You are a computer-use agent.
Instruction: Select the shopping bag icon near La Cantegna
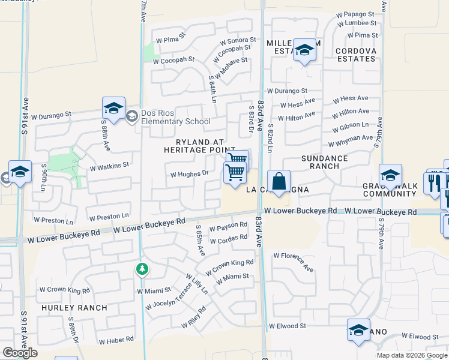click(x=280, y=181)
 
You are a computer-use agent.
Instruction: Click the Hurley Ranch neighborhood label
click(x=74, y=308)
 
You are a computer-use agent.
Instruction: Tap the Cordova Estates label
click(x=356, y=55)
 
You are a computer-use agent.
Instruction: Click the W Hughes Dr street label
click(x=189, y=175)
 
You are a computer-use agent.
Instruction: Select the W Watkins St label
click(x=109, y=165)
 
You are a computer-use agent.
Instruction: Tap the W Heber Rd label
click(x=116, y=340)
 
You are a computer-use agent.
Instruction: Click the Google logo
click(x=20, y=352)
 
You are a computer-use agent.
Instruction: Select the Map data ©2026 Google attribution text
click(x=411, y=355)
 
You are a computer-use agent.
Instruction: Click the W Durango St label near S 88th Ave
click(x=52, y=113)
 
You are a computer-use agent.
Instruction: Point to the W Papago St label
click(x=357, y=14)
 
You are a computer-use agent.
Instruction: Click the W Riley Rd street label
click(x=197, y=317)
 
